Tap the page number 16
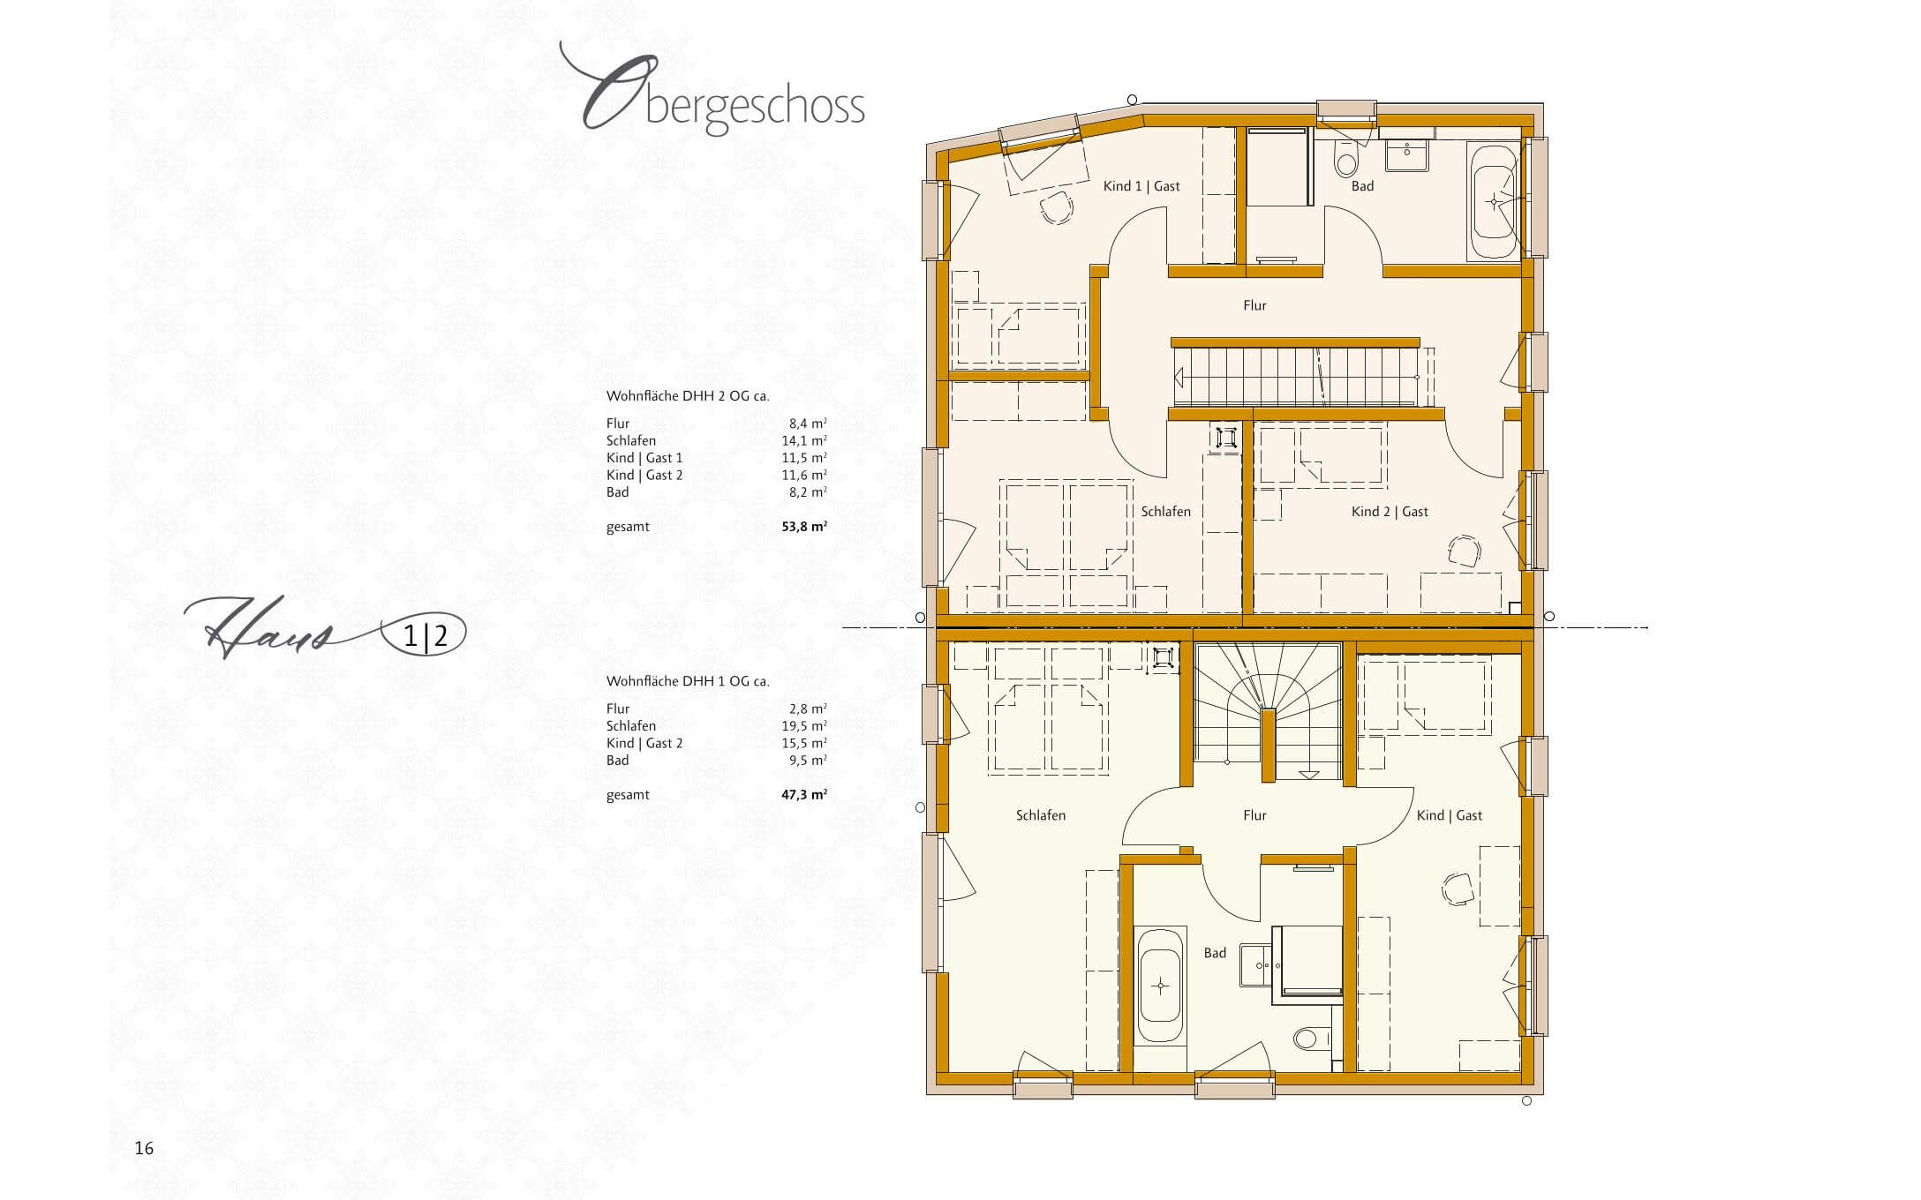144,1148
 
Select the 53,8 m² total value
804,527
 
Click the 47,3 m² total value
804,794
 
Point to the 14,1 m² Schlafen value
808,440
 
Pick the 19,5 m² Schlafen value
808,725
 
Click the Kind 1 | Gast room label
1141,186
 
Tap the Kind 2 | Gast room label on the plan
1390,512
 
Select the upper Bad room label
1362,186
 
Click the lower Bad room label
1215,953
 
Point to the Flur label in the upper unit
1254,305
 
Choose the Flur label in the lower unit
1254,815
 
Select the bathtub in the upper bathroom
1492,200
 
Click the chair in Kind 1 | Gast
1055,209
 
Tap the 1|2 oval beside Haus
423,636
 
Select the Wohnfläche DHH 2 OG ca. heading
688,396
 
